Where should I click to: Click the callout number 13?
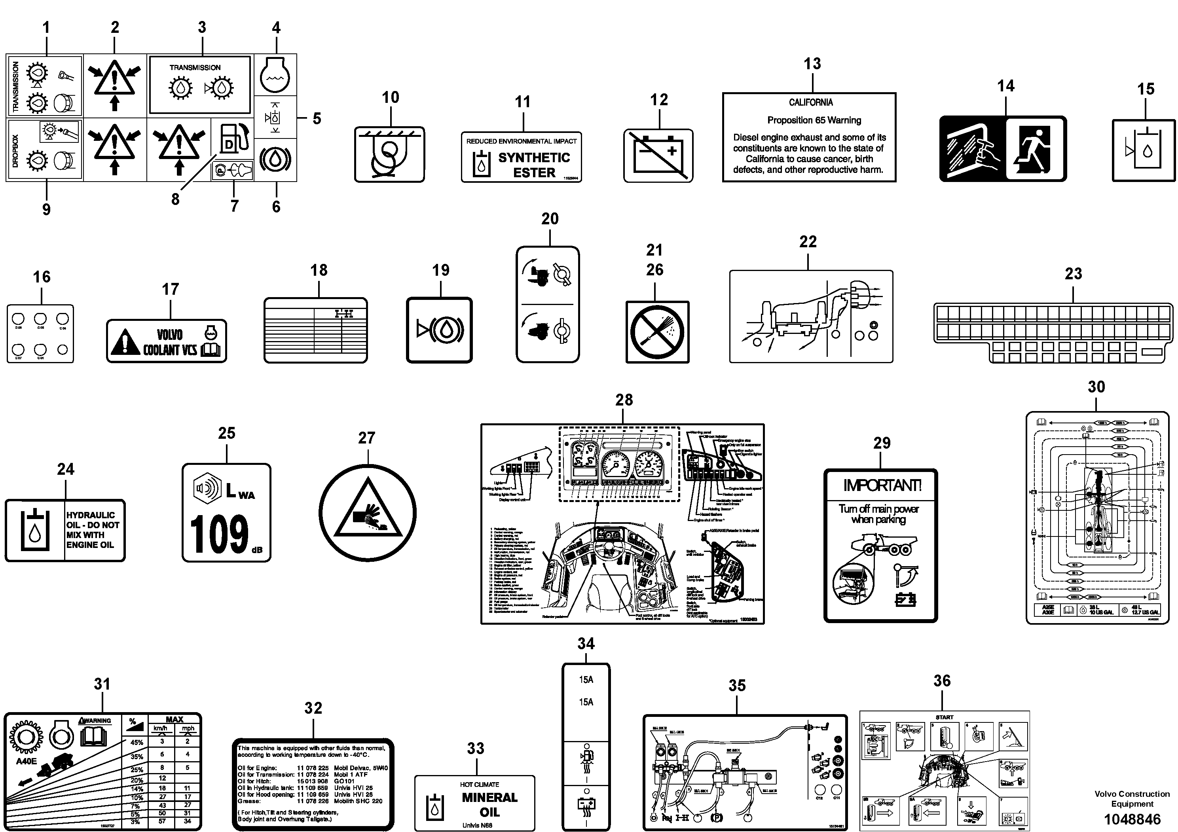pos(812,64)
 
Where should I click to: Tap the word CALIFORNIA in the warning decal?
pos(811,102)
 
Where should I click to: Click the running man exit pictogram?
pos(1036,149)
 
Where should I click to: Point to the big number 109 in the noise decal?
pos(220,535)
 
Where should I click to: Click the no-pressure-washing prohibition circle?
pos(657,332)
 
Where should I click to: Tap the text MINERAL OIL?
pos(489,804)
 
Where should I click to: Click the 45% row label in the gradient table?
pos(136,742)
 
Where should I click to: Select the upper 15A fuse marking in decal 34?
pos(586,680)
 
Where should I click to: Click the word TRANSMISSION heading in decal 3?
pos(195,68)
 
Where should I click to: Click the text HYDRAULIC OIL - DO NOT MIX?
pos(92,530)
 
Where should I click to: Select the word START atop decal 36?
pos(944,717)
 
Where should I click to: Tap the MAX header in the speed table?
pos(175,719)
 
